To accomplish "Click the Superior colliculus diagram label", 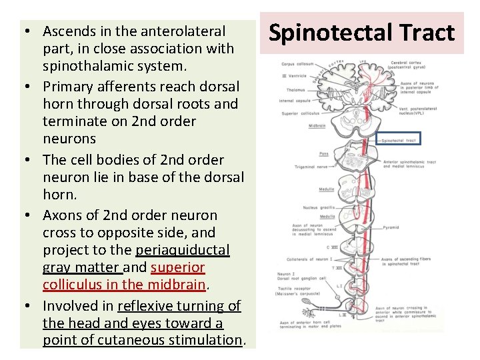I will coord(297,113).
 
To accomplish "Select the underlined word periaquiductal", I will coord(182,250).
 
